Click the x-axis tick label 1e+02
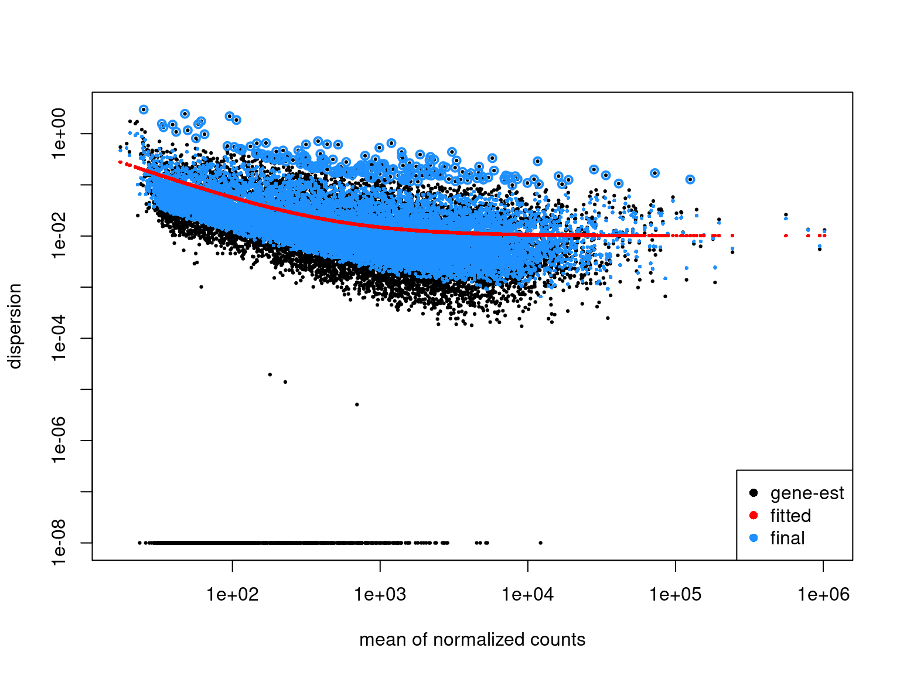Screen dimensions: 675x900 233,595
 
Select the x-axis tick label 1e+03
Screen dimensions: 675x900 380,595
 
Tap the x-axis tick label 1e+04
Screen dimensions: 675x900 528,595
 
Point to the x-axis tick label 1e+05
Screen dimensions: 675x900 676,595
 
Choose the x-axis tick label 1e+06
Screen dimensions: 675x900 823,595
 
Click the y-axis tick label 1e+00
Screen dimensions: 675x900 60,134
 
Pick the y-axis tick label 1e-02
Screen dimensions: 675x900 60,236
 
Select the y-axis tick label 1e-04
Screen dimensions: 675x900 60,339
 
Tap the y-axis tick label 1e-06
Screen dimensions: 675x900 60,441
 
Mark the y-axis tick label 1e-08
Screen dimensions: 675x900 60,543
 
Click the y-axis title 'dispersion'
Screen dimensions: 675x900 15,326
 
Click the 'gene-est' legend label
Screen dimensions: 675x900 807,493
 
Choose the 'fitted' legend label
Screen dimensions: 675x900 790,516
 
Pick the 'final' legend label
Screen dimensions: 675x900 787,538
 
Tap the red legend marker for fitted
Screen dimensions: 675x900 754,516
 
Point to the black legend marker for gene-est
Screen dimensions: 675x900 754,493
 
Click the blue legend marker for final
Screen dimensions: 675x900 754,538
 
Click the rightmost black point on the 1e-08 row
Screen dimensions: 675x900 540,543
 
